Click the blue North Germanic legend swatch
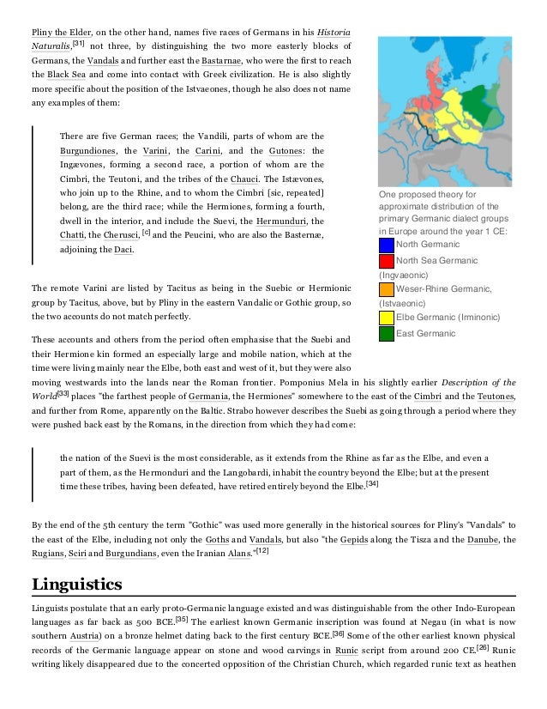[386, 245]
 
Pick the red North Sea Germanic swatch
[386, 261]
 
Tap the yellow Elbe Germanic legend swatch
[386, 318]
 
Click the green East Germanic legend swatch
[386, 333]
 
